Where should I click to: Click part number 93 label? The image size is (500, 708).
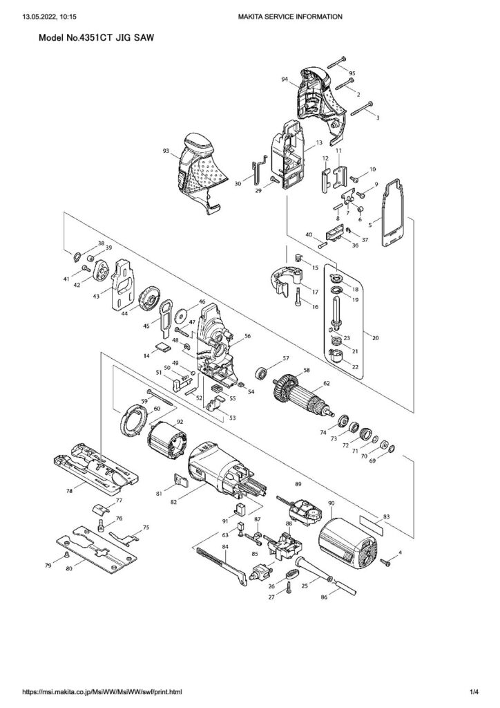click(166, 151)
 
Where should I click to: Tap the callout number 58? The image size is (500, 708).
click(307, 371)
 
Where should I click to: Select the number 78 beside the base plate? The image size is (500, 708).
click(70, 492)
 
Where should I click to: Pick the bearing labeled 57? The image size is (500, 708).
click(261, 373)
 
